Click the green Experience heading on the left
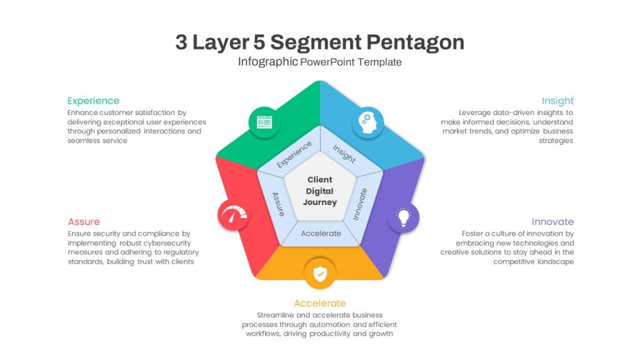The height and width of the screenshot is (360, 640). coord(94,101)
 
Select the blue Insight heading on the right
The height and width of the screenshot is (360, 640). coord(557,101)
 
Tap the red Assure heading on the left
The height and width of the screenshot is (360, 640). coord(84,222)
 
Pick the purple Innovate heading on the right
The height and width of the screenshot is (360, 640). coord(552,222)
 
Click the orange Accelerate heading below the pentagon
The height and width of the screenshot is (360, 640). coord(320,303)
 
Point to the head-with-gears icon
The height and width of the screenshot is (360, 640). coord(367,122)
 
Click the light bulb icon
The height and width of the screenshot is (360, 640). coord(403,217)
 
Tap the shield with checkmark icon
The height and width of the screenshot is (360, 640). coord(320,274)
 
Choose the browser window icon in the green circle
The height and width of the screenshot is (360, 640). coord(264,122)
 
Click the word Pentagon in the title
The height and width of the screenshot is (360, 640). coord(415,42)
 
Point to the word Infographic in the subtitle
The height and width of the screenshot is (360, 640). coord(267,62)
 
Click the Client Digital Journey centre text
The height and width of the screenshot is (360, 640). coord(320,191)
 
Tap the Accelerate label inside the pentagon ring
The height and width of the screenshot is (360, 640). coord(321,234)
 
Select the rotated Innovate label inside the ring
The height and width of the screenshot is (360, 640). coord(360,204)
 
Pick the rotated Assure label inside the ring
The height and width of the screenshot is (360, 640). coord(279,204)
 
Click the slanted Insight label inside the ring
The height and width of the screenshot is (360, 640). coord(344,154)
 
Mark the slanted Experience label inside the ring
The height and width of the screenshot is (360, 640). coord(294,154)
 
